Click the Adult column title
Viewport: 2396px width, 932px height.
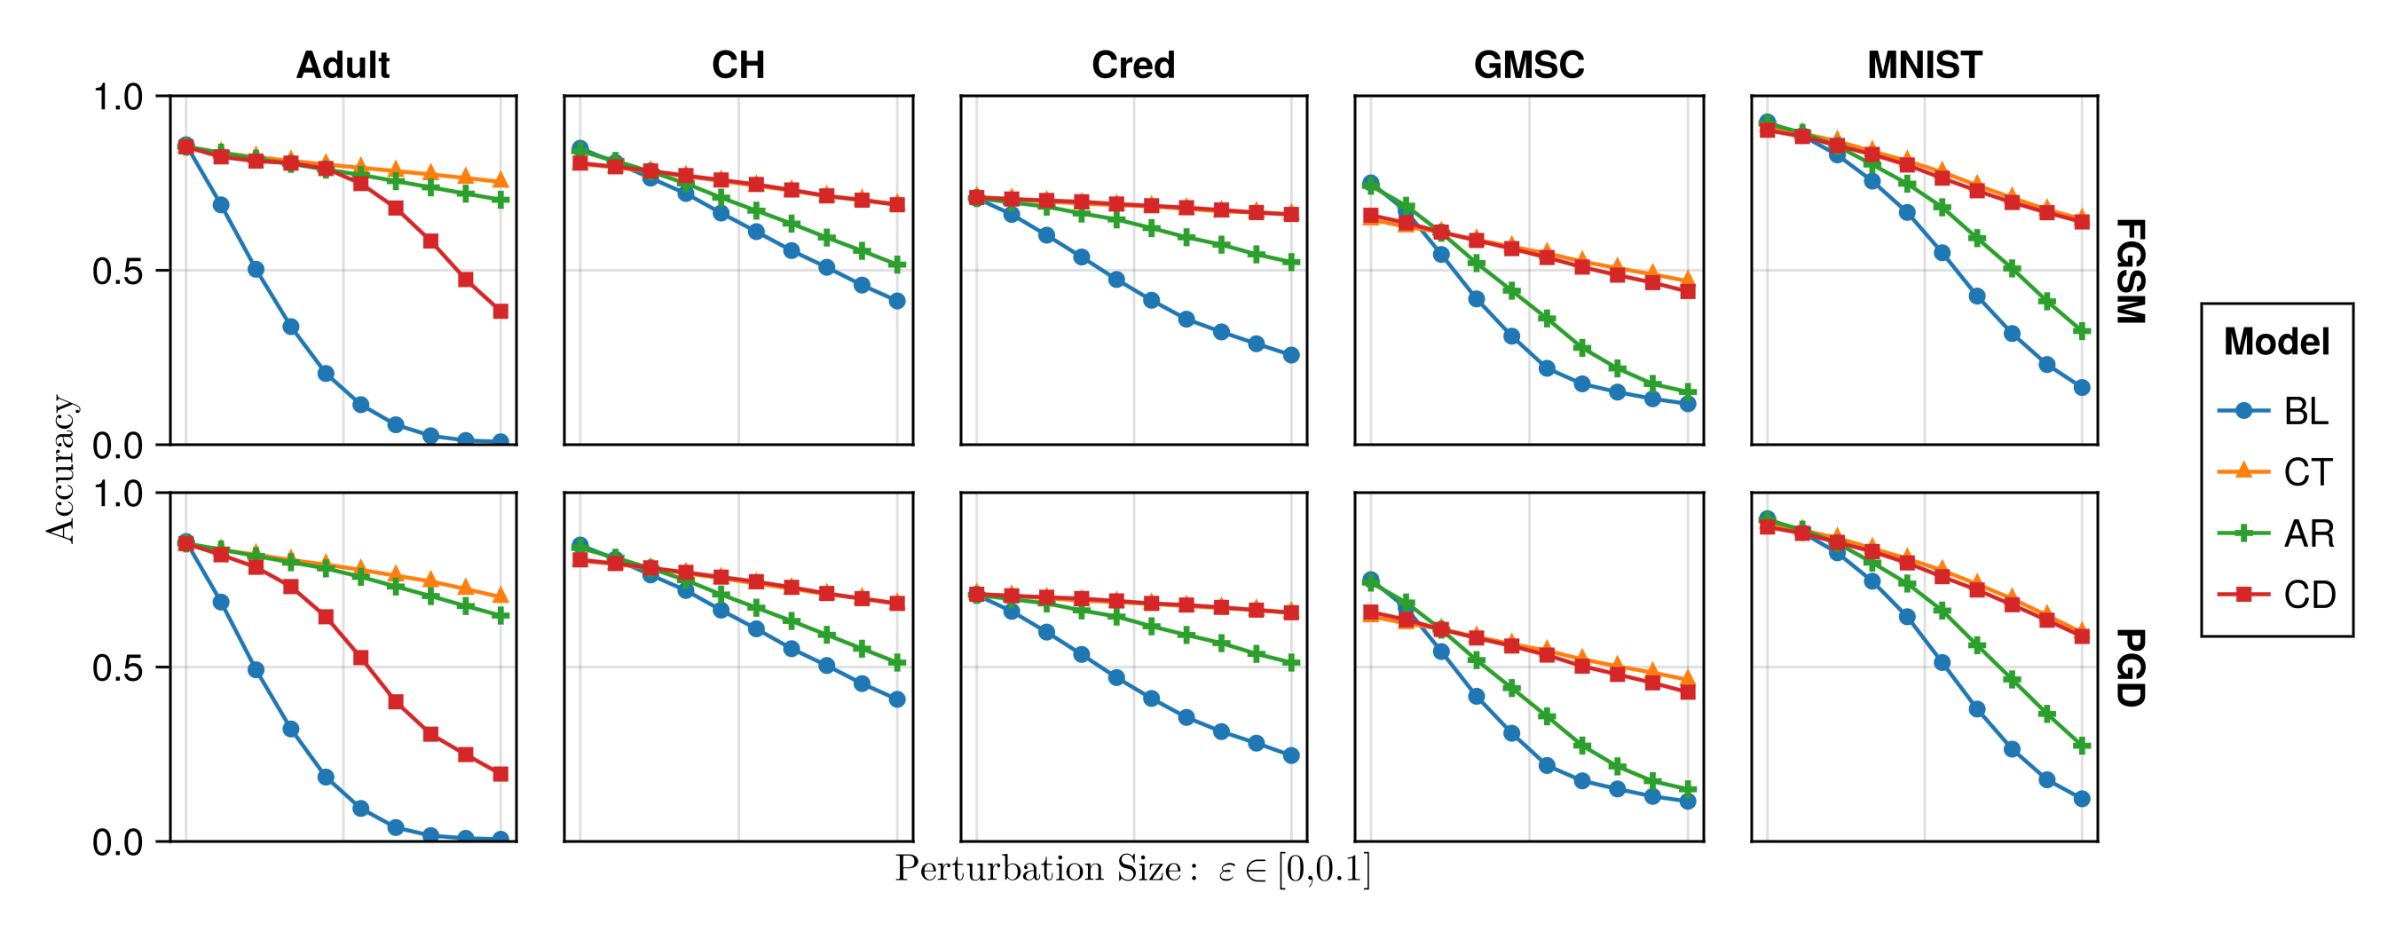(x=343, y=65)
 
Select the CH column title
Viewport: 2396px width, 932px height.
(x=737, y=65)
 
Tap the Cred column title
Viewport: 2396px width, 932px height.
(x=1133, y=65)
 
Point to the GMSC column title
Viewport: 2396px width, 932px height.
(x=1528, y=65)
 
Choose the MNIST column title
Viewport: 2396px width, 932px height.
(x=1924, y=65)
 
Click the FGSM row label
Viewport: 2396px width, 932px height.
(x=2130, y=271)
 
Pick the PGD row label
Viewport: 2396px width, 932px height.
(x=2130, y=667)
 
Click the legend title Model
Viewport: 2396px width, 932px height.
(x=2276, y=343)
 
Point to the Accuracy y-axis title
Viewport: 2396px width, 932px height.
(x=61, y=469)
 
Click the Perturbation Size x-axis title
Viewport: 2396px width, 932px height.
(x=1132, y=869)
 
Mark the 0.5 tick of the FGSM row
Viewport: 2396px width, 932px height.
(x=117, y=272)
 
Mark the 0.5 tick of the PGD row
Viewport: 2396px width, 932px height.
(x=117, y=667)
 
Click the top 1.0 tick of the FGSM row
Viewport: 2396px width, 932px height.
(x=117, y=97)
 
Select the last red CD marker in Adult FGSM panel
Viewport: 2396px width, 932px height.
(x=500, y=311)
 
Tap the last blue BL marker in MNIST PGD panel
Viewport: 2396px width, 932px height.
(x=2082, y=799)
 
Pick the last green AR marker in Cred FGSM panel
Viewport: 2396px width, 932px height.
(x=1291, y=263)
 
